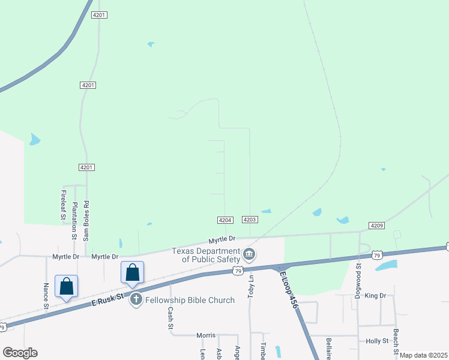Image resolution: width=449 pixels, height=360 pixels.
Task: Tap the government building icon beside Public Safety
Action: [250, 255]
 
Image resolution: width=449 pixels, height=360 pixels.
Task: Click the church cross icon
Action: [136, 299]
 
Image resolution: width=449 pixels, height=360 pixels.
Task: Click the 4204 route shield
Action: [225, 220]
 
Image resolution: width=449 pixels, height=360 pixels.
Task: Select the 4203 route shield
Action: [250, 220]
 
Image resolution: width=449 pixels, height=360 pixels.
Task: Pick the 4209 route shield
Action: [376, 226]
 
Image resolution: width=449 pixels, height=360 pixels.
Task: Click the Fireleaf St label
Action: [63, 206]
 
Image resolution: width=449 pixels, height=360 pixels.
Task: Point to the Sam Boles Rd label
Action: [86, 220]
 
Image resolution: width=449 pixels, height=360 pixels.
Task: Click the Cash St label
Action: [170, 318]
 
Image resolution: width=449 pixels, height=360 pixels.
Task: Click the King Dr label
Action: [375, 296]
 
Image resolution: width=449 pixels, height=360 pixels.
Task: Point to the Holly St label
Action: [377, 341]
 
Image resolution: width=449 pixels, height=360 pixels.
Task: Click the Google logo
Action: [20, 353]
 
